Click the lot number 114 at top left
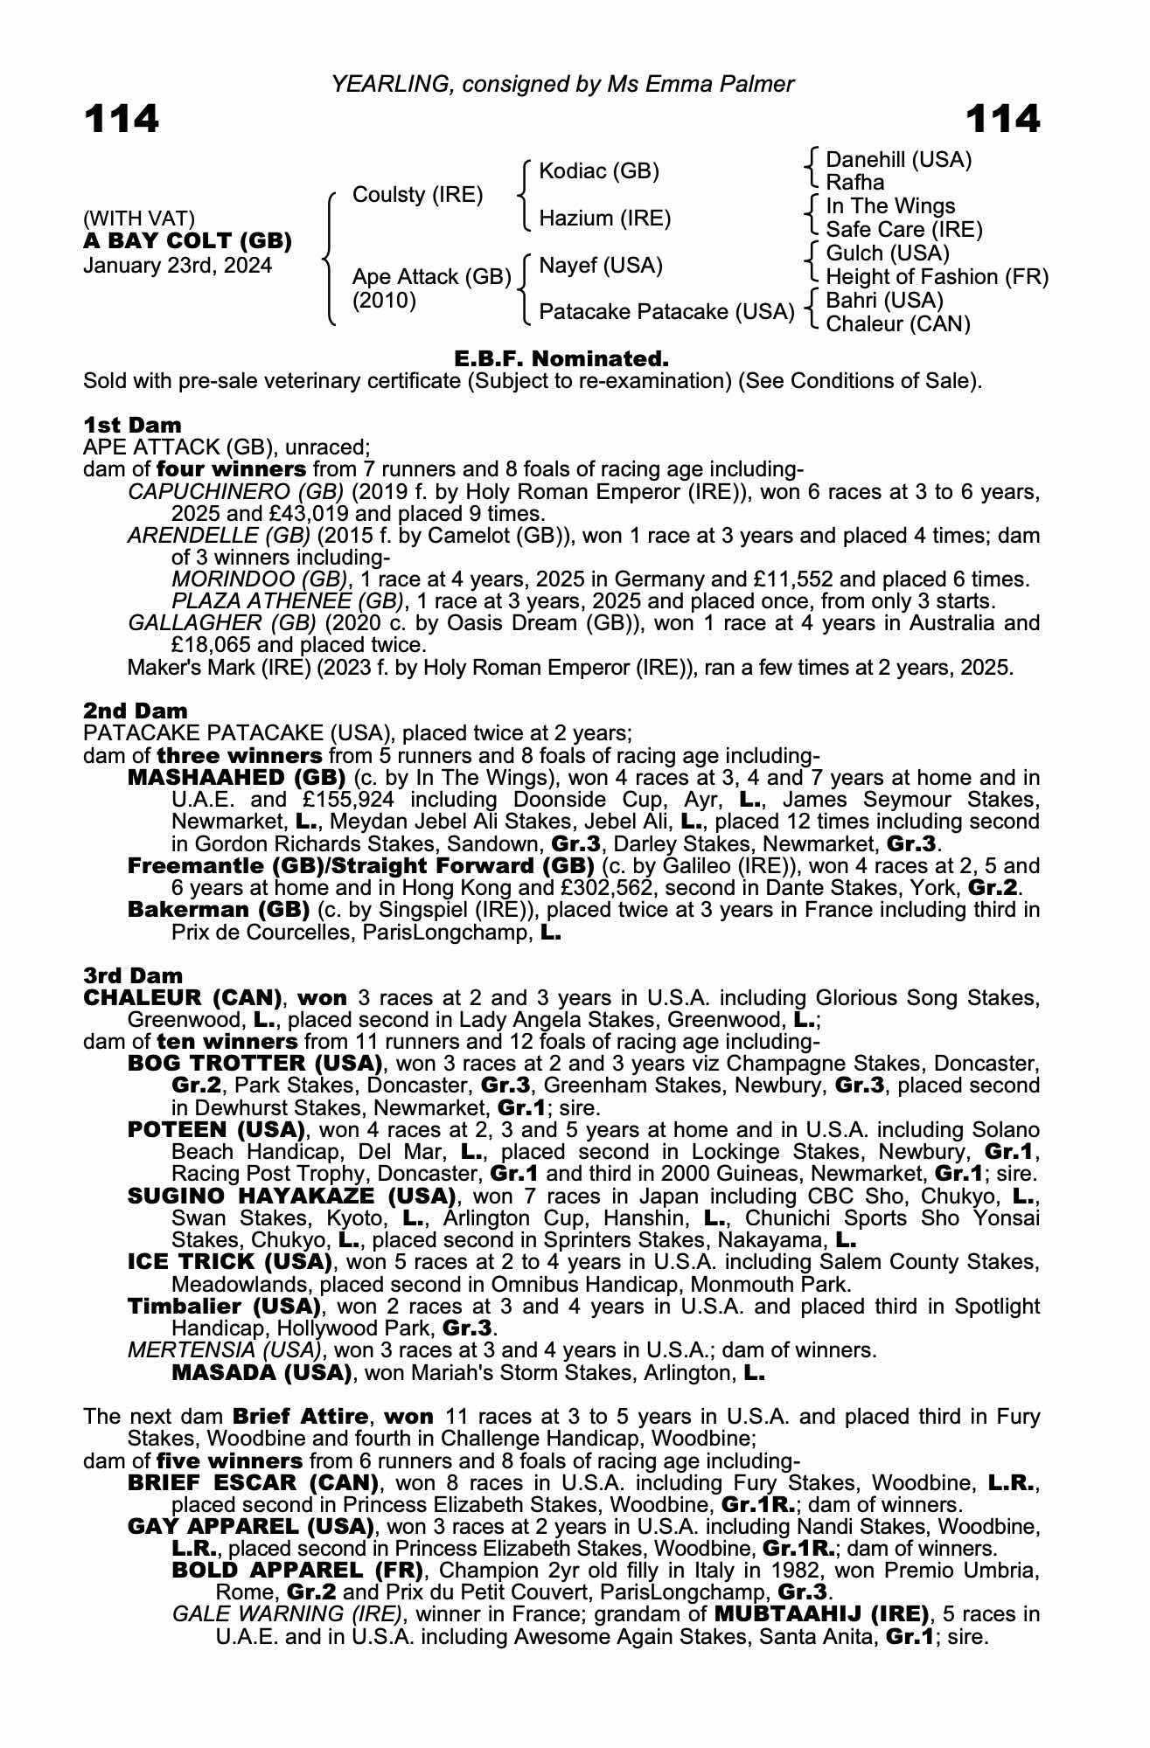tap(122, 119)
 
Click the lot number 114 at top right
tap(1002, 119)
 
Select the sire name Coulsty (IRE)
tap(417, 195)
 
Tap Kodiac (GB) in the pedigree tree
tap(599, 171)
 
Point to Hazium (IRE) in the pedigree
tap(604, 218)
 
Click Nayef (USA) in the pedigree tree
tap(600, 265)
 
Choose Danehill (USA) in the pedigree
tap(898, 160)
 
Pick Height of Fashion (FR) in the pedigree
tap(937, 277)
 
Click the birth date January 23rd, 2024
tap(177, 265)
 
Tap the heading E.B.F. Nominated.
tap(561, 358)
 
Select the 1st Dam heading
tap(132, 426)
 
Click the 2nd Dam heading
tap(135, 711)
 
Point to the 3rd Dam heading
tap(133, 975)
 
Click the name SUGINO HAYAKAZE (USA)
tap(292, 1196)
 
